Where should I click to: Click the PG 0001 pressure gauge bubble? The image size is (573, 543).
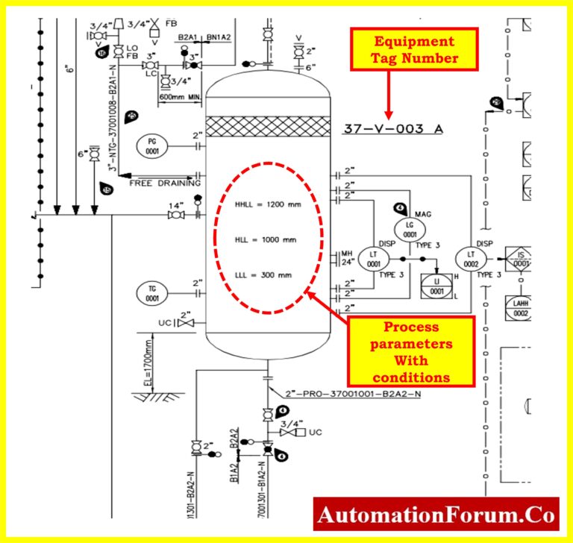click(152, 146)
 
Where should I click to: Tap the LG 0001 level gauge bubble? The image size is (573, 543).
click(410, 229)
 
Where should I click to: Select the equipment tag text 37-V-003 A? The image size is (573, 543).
click(392, 129)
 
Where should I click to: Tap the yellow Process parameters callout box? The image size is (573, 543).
click(411, 351)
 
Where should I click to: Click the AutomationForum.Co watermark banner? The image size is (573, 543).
click(436, 515)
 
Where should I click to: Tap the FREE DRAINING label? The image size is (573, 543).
click(165, 183)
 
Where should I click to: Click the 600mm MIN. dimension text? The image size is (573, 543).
click(179, 97)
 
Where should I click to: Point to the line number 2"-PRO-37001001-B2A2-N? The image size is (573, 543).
click(341, 394)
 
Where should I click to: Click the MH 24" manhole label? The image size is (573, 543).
click(346, 258)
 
